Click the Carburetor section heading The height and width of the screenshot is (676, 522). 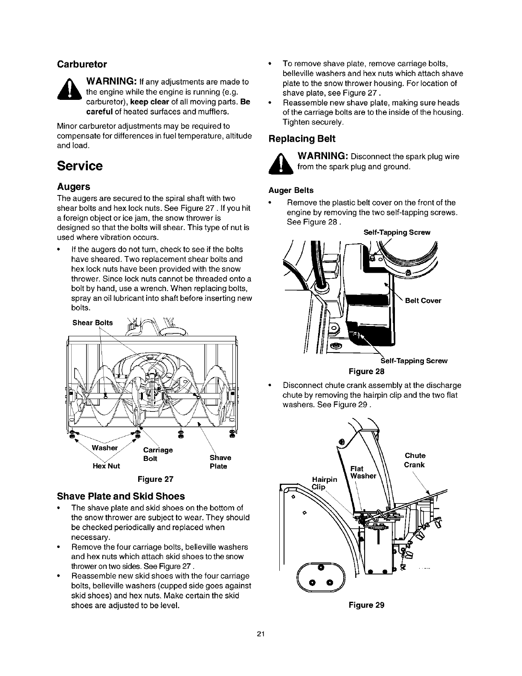click(82, 64)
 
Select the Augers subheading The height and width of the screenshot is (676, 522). click(74, 187)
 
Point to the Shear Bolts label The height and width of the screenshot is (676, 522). click(93, 323)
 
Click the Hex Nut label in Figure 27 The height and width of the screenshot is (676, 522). click(106, 466)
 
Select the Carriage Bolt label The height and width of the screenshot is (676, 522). click(158, 454)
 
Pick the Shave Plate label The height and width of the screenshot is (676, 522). click(220, 462)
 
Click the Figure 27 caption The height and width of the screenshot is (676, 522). click(155, 479)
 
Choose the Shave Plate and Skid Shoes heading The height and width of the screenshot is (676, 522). click(121, 496)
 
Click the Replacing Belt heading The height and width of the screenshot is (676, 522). click(302, 139)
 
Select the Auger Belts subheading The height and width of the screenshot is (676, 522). click(291, 190)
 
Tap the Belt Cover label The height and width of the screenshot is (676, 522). click(423, 300)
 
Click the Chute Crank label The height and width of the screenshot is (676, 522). click(415, 460)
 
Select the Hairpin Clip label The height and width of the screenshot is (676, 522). click(325, 483)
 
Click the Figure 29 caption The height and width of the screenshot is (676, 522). click(367, 605)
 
